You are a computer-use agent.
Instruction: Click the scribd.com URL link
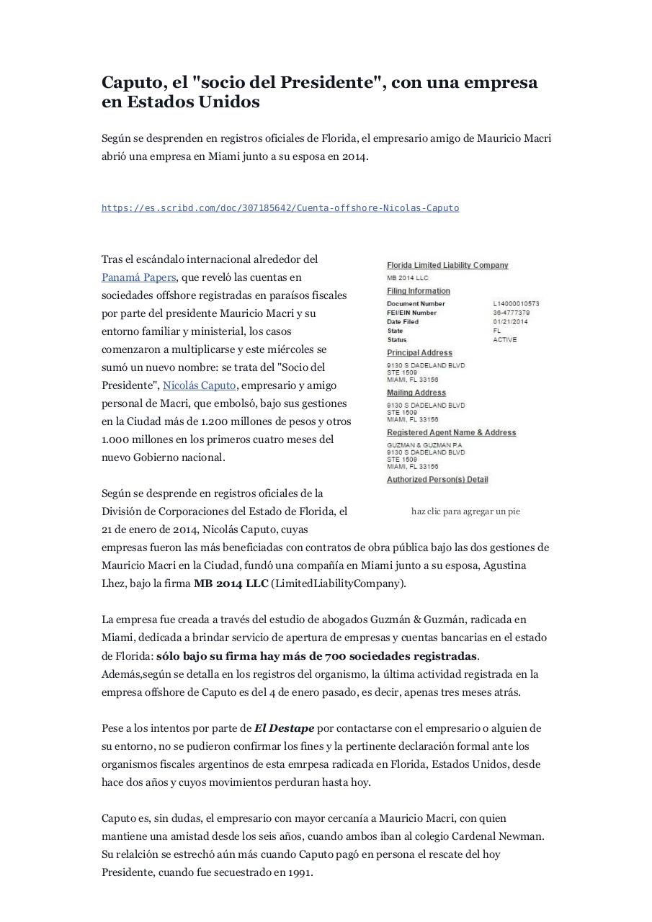280,208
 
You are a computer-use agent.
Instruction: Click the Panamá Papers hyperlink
138,277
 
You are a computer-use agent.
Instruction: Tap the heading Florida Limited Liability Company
447,266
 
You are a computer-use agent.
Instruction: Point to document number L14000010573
516,304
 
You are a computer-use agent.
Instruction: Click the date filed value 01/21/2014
510,322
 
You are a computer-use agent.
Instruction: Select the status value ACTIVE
504,340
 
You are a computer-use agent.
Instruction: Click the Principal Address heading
419,353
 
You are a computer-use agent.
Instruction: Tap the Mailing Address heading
416,393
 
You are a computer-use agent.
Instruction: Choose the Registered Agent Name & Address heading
451,433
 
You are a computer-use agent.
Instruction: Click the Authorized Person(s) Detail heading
437,480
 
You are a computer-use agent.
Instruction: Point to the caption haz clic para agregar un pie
465,511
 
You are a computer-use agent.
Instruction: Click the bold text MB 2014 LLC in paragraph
231,583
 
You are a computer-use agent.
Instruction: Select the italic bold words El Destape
284,728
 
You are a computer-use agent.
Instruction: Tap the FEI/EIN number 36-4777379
512,313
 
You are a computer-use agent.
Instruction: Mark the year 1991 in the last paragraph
299,872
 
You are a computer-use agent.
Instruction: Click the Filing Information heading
419,292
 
